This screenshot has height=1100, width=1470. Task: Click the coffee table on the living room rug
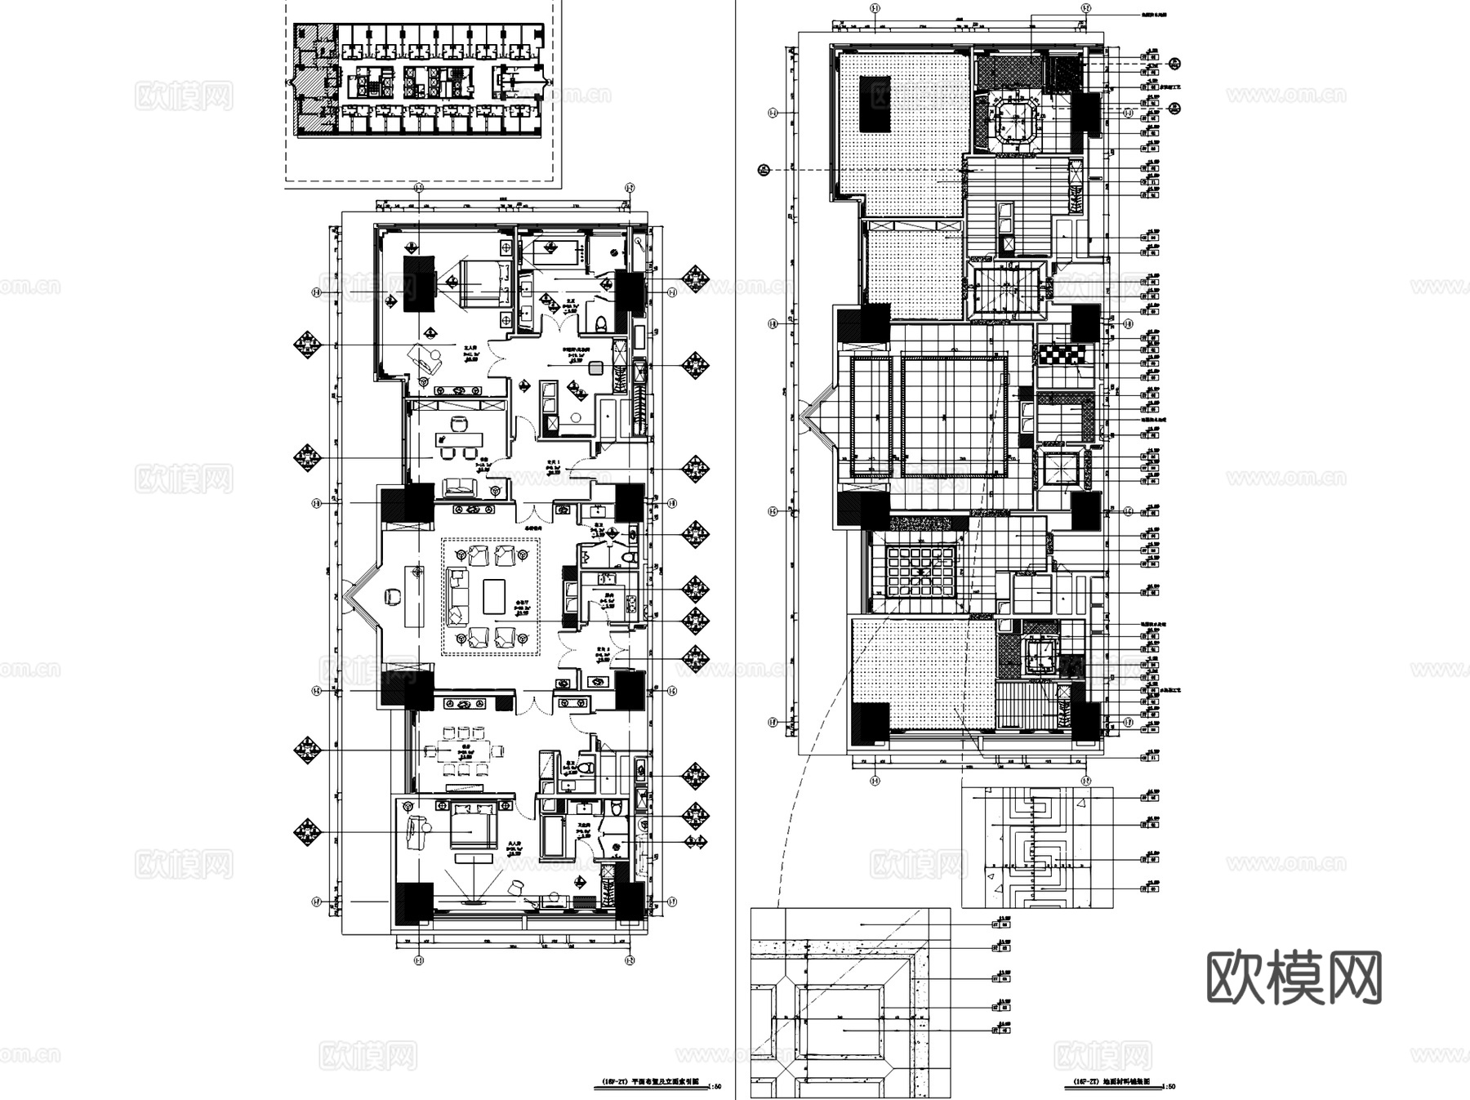click(x=495, y=596)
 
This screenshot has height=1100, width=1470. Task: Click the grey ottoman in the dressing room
click(x=597, y=367)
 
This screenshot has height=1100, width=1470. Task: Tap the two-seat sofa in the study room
click(x=460, y=488)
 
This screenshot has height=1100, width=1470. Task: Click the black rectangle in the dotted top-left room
click(x=875, y=104)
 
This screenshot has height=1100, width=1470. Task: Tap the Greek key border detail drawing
click(x=1036, y=847)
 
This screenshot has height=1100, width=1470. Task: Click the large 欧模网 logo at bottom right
click(x=1294, y=977)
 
